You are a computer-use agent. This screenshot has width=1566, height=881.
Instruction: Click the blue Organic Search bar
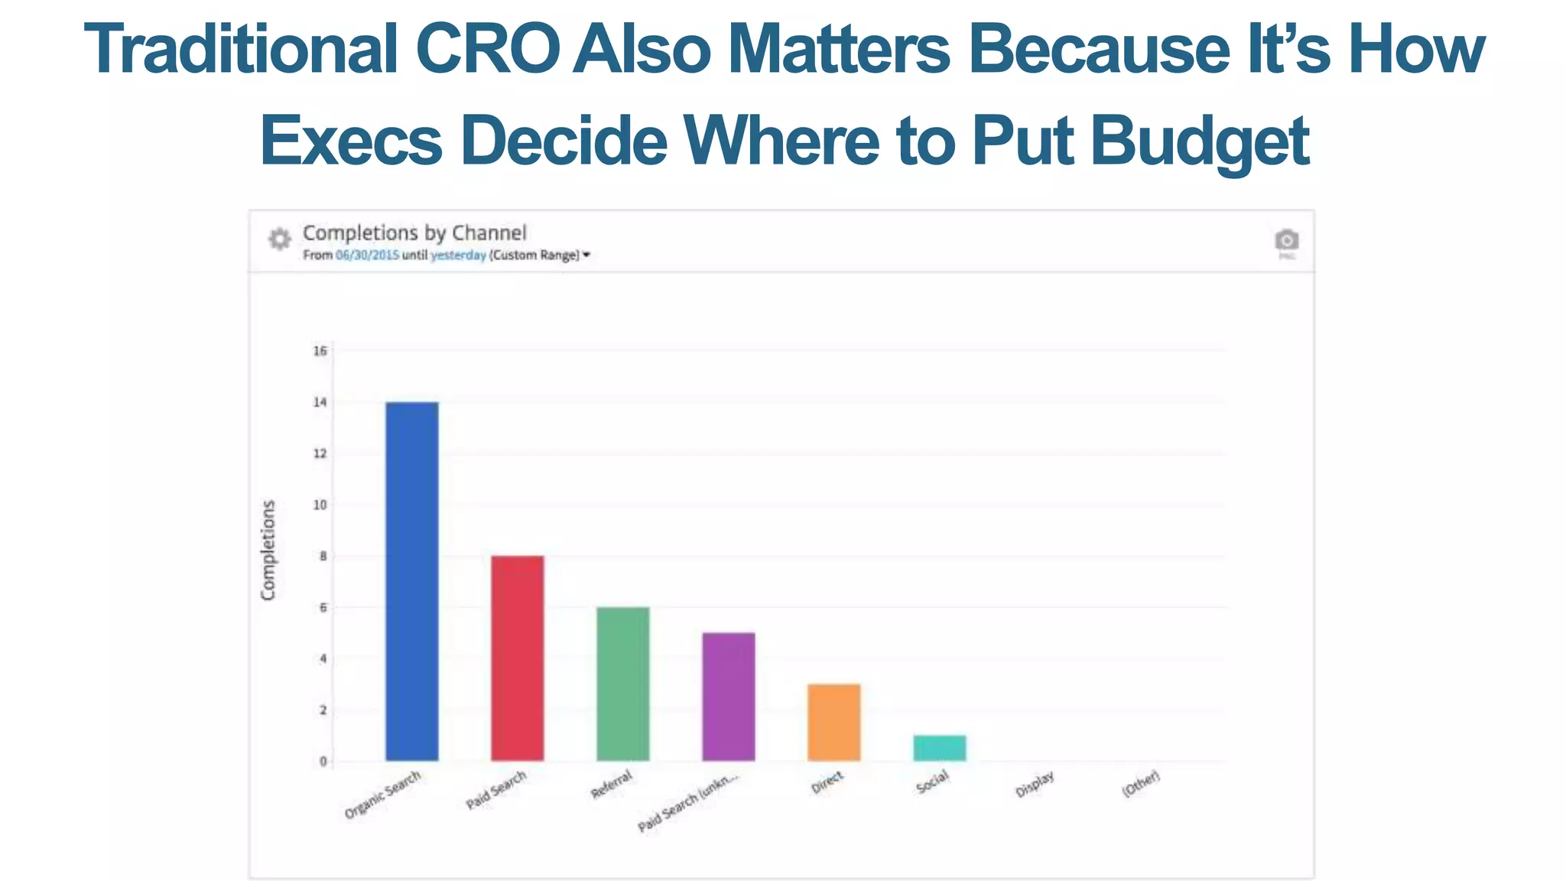click(x=411, y=581)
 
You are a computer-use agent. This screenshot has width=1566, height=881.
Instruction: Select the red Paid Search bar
click(x=517, y=658)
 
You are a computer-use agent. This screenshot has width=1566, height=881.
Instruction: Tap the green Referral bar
click(x=622, y=684)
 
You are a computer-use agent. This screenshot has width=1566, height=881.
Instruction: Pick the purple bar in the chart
click(x=728, y=696)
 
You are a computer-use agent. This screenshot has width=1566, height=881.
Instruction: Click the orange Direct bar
click(x=833, y=722)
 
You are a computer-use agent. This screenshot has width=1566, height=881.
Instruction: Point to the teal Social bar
click(x=939, y=748)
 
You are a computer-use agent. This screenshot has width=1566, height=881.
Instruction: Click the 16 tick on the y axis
click(x=320, y=351)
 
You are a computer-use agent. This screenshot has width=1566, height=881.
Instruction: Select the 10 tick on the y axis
click(x=320, y=505)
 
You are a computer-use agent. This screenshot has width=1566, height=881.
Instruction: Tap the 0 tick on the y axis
click(x=323, y=761)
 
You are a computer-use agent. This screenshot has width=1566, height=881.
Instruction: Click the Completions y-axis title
click(x=268, y=550)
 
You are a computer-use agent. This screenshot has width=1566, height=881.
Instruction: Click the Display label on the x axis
click(x=1035, y=784)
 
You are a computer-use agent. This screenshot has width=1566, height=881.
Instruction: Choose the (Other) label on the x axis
click(x=1140, y=784)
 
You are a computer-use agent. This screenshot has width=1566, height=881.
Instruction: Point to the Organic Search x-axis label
click(x=382, y=795)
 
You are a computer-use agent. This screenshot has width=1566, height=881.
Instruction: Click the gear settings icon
click(x=280, y=239)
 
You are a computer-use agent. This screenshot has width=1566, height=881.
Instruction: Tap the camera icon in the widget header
click(x=1286, y=240)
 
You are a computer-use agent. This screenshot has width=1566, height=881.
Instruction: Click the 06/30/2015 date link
click(x=367, y=255)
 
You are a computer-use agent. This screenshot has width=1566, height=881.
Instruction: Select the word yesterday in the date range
click(x=458, y=255)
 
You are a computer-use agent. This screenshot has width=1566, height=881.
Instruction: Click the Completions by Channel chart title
click(x=414, y=232)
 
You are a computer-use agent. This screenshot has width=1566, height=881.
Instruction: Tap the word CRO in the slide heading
click(x=487, y=49)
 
